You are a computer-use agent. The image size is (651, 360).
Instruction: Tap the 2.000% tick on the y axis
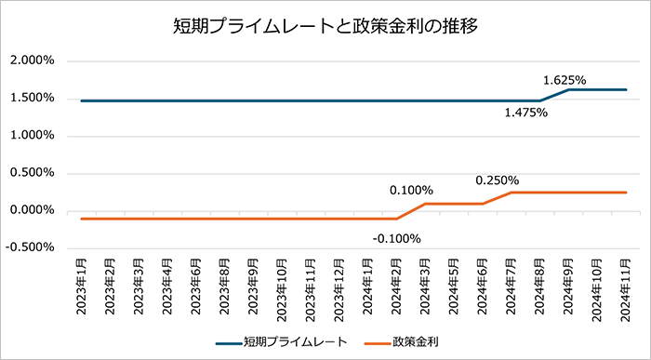tap(32, 60)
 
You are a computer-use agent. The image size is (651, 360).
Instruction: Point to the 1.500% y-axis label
tap(32, 98)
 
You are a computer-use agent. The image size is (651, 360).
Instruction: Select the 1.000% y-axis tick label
tap(32, 135)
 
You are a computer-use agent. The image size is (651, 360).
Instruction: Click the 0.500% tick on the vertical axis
tap(32, 173)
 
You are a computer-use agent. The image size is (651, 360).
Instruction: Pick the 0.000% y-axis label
tap(32, 210)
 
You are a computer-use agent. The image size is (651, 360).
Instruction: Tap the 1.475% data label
tap(526, 113)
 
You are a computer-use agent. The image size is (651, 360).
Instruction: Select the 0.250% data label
tap(497, 180)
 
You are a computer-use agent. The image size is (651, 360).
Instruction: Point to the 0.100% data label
tap(411, 191)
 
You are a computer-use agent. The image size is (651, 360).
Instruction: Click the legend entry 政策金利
tap(414, 342)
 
